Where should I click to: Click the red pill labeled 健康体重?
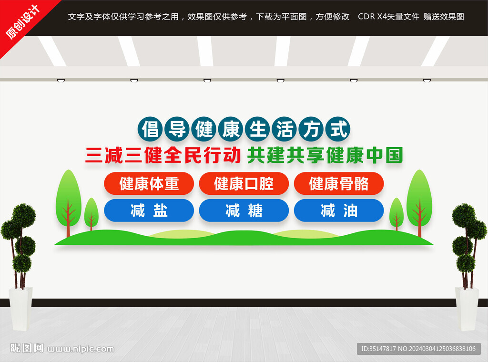point(149,183)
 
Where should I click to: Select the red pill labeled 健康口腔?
point(244,183)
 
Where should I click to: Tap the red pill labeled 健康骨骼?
point(339,183)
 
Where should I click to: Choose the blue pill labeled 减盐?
point(149,211)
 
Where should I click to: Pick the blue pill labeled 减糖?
point(244,211)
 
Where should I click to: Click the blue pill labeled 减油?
point(339,211)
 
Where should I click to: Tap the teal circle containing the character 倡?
point(150,129)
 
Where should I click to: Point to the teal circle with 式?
point(338,129)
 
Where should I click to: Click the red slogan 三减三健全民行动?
point(163,155)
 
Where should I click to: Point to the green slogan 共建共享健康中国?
point(325,155)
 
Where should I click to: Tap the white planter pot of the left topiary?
point(20,308)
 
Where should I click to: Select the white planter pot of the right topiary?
point(467,308)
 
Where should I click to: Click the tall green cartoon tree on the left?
point(69,202)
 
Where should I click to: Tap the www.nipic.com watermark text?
point(81,349)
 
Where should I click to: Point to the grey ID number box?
point(419,349)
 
